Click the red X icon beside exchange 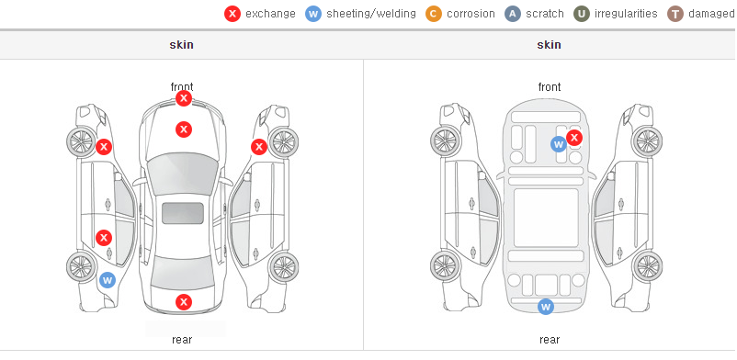232,14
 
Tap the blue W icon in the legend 313,14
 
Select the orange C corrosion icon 434,14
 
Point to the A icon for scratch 513,14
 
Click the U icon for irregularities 582,14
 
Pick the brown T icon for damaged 675,14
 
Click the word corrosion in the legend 471,14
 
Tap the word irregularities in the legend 626,14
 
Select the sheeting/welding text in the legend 371,14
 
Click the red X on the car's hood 184,129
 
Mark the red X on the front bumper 184,98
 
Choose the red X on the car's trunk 184,302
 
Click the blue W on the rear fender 108,281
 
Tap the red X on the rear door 104,238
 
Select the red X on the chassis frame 574,138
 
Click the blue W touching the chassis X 558,144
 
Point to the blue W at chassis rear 546,307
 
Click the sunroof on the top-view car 183,213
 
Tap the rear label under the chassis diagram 550,340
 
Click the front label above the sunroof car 182,87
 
